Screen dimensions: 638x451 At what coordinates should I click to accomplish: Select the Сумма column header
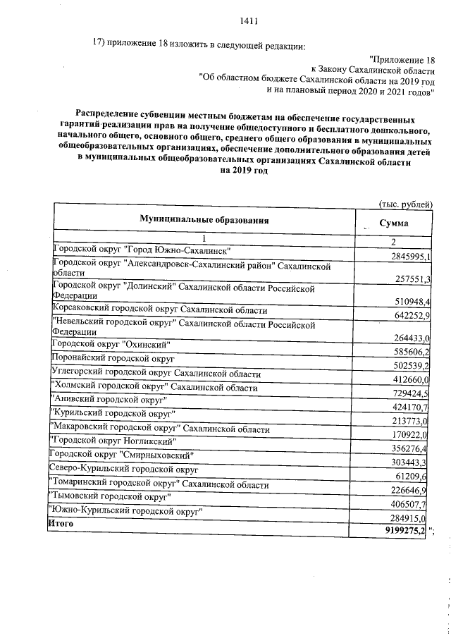pyautogui.click(x=394, y=222)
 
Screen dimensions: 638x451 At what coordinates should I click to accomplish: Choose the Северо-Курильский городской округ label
pyautogui.click(x=123, y=469)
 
